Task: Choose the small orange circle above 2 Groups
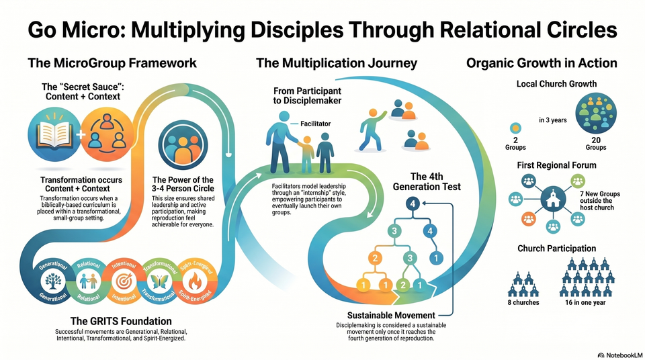[515, 128]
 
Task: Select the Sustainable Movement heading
[390, 315]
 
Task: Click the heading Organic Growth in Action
[542, 63]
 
